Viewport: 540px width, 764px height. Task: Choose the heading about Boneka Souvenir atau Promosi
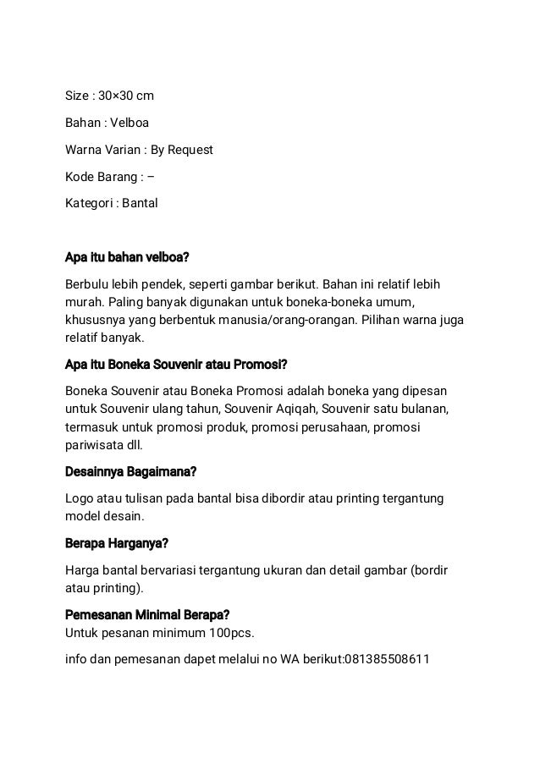pyautogui.click(x=176, y=366)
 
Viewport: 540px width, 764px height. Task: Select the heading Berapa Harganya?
pyautogui.click(x=117, y=543)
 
